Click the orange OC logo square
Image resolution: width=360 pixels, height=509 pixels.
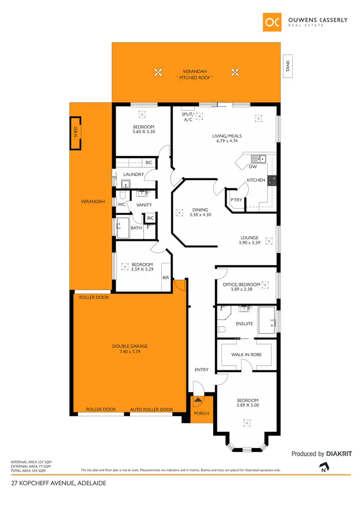click(273, 22)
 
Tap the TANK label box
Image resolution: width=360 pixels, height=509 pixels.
click(288, 66)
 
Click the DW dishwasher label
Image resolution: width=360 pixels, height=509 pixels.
click(252, 167)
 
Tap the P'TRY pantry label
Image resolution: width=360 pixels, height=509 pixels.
click(236, 200)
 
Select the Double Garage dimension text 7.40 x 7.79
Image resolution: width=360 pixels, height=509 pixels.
click(130, 352)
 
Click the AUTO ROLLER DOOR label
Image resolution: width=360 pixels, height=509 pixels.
click(151, 410)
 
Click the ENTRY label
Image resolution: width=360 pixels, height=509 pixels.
click(202, 369)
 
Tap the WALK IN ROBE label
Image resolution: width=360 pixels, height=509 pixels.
click(246, 355)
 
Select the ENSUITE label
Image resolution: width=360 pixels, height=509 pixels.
click(244, 324)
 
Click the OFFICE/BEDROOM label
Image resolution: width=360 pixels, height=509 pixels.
click(241, 284)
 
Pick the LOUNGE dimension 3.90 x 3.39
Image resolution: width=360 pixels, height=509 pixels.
click(250, 243)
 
